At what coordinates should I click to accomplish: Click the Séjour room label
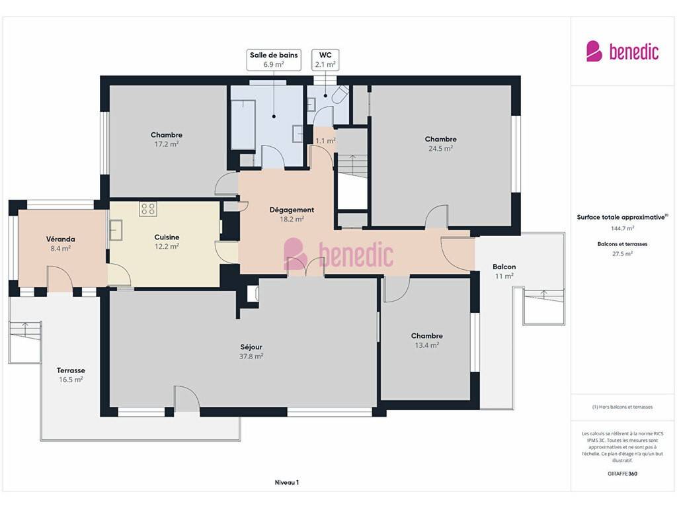(251, 347)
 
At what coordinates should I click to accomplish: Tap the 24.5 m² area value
(440, 149)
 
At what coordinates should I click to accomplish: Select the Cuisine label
(167, 237)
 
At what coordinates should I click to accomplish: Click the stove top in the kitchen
(147, 209)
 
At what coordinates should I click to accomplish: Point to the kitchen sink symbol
(116, 230)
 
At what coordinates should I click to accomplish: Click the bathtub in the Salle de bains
(243, 124)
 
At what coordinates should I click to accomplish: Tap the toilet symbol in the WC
(340, 94)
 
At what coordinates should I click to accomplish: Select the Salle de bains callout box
(274, 60)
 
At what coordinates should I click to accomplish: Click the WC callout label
(325, 60)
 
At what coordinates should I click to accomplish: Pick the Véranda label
(60, 239)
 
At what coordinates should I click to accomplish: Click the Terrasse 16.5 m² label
(71, 375)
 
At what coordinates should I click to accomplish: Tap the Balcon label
(504, 267)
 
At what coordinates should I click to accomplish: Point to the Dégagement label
(292, 210)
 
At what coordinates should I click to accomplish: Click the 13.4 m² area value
(426, 345)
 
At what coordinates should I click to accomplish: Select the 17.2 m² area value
(166, 144)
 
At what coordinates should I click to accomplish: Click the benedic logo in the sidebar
(622, 52)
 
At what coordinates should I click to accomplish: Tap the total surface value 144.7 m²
(622, 228)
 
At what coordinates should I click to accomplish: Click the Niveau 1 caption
(287, 482)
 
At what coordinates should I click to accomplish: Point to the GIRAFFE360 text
(622, 474)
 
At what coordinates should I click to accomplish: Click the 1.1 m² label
(325, 141)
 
